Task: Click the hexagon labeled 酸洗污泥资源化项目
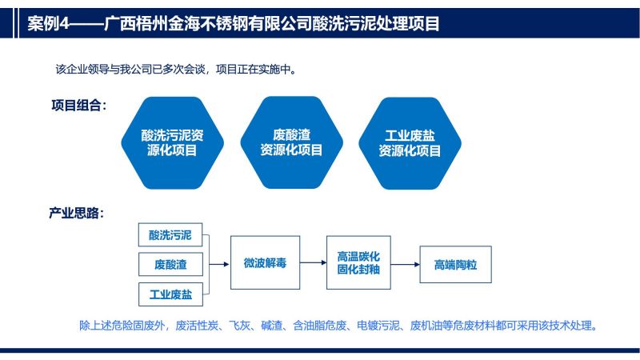pyautogui.click(x=172, y=143)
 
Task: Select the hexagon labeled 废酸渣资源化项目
pyautogui.click(x=291, y=142)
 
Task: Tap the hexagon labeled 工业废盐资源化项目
pyautogui.click(x=410, y=143)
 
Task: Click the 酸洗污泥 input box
pyautogui.click(x=170, y=234)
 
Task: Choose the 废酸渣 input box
pyautogui.click(x=170, y=265)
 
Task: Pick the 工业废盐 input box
pyautogui.click(x=170, y=294)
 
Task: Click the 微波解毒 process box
pyautogui.click(x=266, y=262)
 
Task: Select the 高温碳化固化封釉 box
pyautogui.click(x=358, y=262)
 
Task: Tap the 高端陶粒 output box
pyautogui.click(x=455, y=265)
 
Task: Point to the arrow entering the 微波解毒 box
pyautogui.click(x=219, y=265)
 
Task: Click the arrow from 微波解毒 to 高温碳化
pyautogui.click(x=313, y=262)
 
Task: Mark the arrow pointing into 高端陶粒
pyautogui.click(x=406, y=265)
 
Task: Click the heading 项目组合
pyautogui.click(x=75, y=106)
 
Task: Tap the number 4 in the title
pyautogui.click(x=65, y=24)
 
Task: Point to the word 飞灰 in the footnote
pyautogui.click(x=239, y=326)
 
